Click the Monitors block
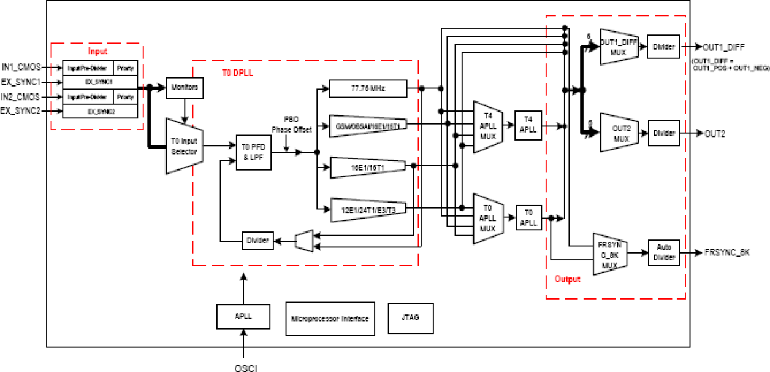(x=185, y=88)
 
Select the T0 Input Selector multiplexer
(x=185, y=145)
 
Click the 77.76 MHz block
(x=367, y=89)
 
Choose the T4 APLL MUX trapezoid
(x=488, y=127)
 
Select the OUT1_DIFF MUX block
(x=618, y=47)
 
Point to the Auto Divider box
(x=664, y=253)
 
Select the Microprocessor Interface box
(x=330, y=318)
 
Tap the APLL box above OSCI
(x=243, y=317)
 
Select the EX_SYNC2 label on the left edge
(x=21, y=111)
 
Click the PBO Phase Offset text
(x=291, y=125)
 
